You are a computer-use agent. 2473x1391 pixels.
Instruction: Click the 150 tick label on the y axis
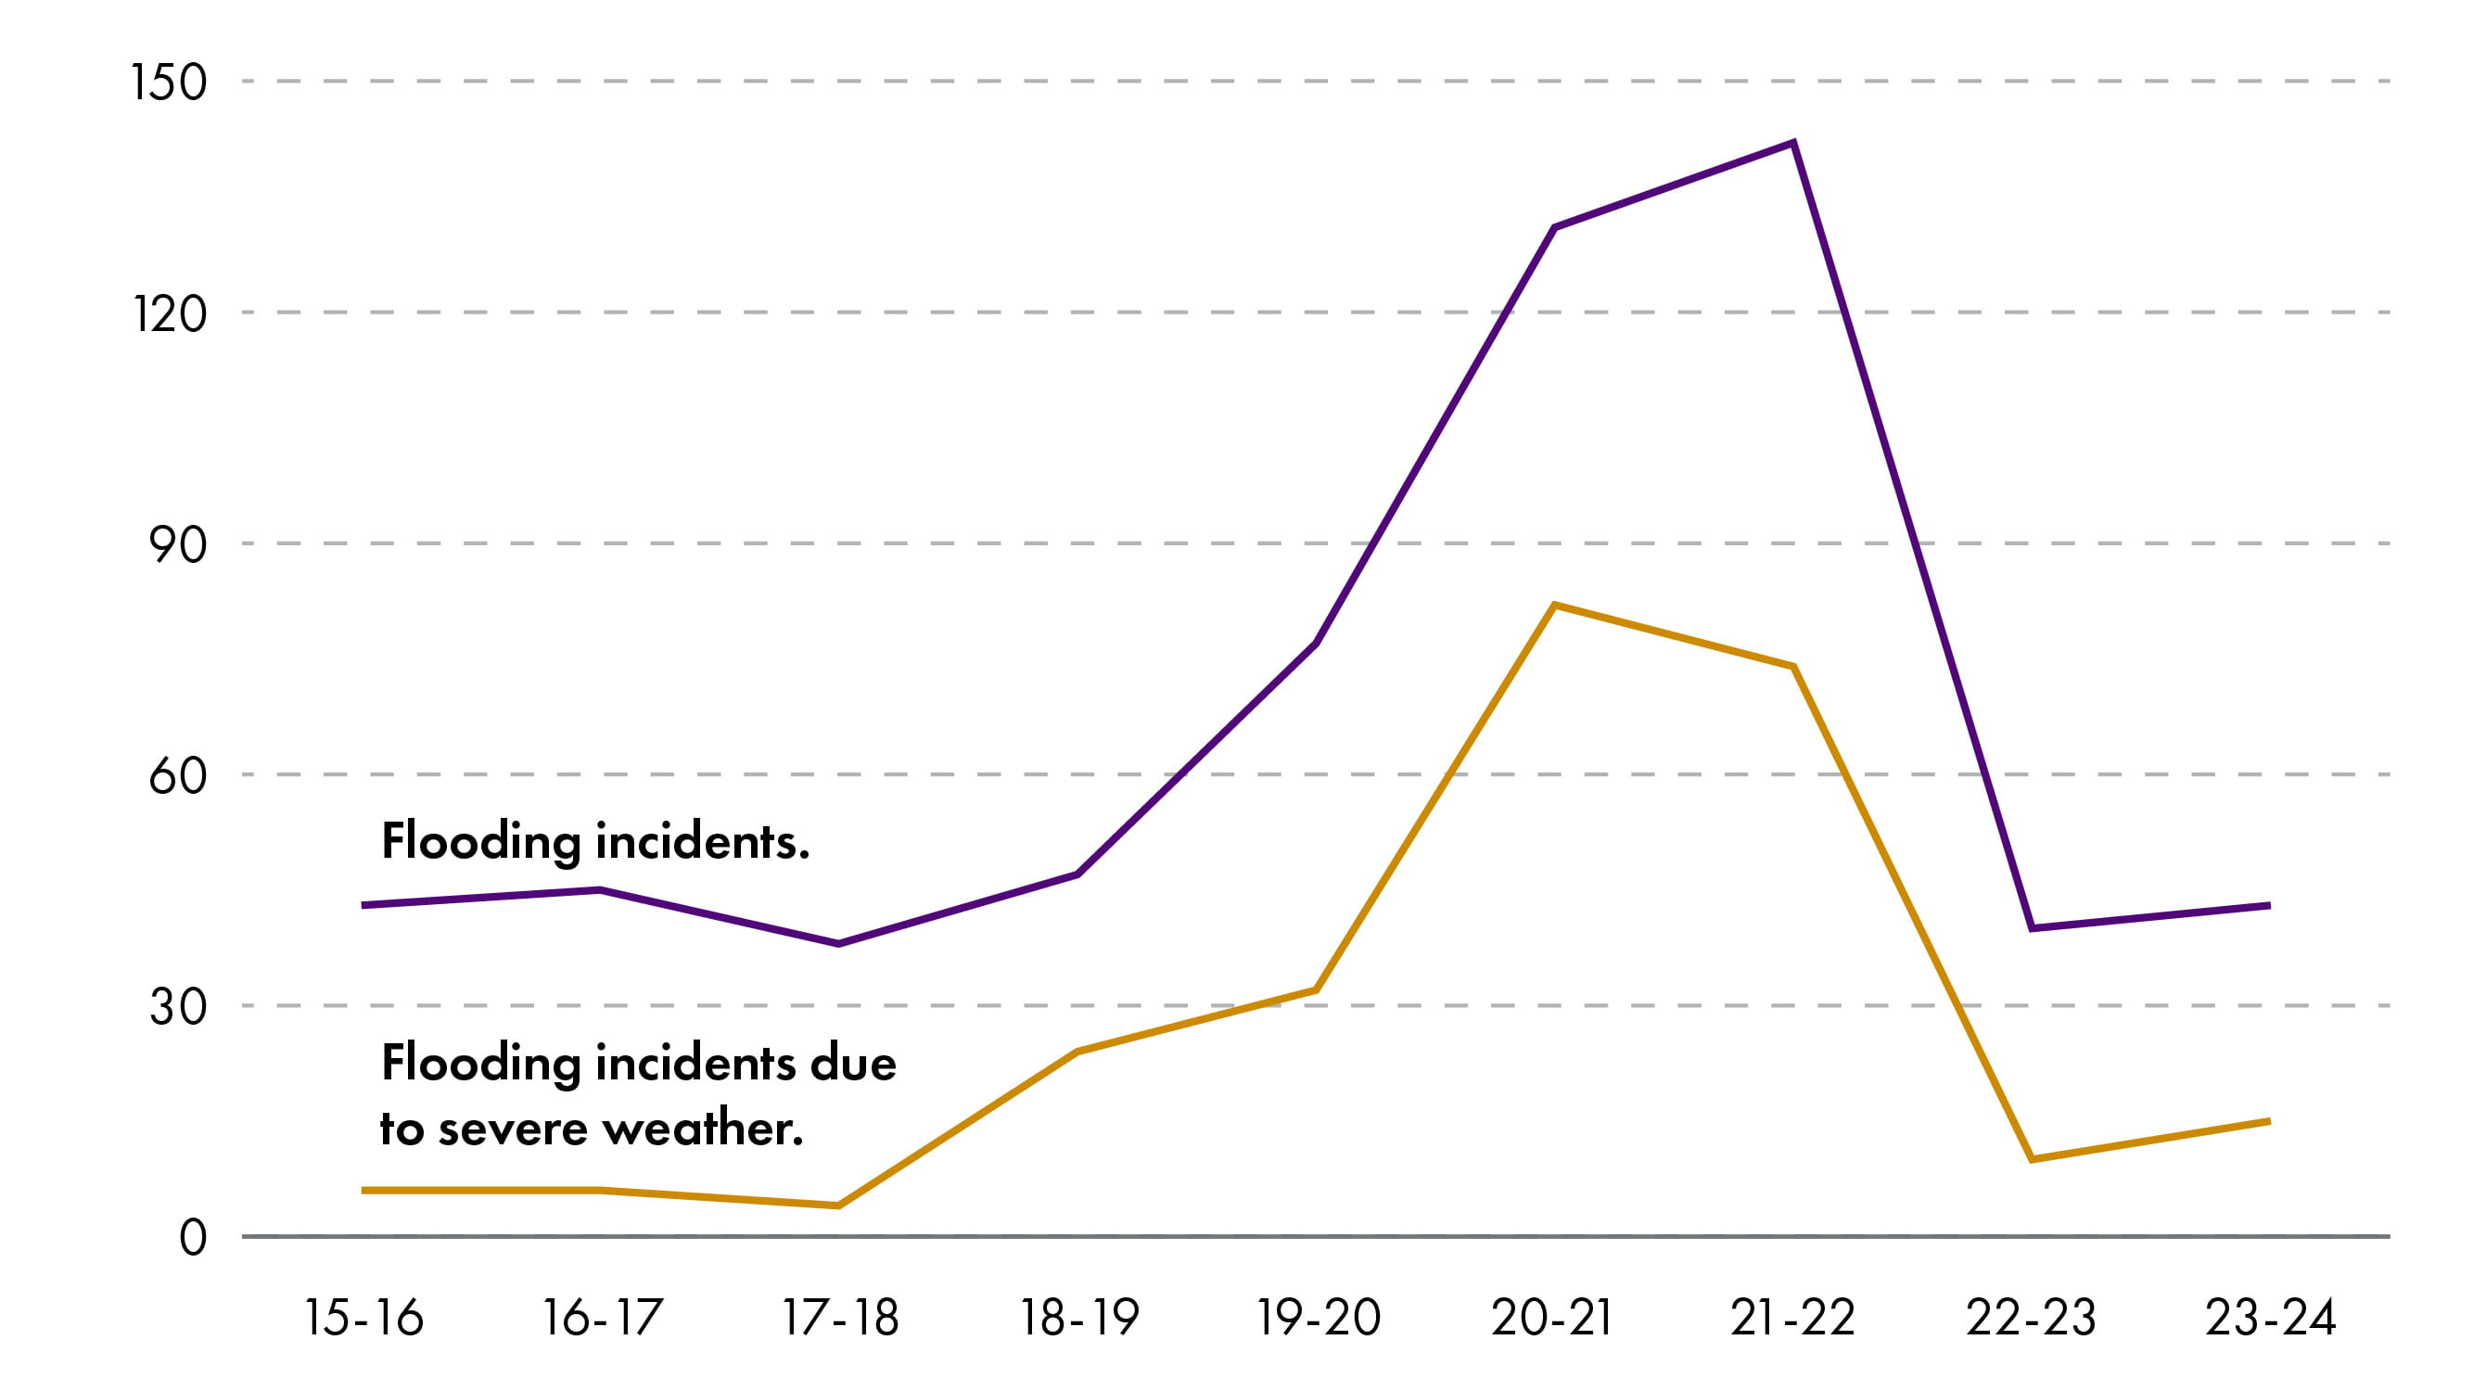169,82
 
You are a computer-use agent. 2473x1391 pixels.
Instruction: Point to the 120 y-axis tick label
169,314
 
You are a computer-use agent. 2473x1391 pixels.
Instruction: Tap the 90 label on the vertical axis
178,545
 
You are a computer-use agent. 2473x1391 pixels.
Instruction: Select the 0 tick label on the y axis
193,1238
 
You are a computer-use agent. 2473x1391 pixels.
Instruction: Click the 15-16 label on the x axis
363,1318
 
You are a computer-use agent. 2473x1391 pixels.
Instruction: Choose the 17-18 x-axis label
840,1318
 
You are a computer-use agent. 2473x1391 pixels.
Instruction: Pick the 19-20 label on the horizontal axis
1319,1318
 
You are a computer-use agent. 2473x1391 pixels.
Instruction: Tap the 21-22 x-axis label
1792,1318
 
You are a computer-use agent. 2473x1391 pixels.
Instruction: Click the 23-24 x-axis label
2270,1318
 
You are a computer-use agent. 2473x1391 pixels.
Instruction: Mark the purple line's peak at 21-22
1793,144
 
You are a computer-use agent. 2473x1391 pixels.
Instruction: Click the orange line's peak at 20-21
1554,606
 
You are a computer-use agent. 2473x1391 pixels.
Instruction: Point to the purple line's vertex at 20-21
1554,227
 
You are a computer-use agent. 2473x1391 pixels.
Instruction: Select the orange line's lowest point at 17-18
838,1206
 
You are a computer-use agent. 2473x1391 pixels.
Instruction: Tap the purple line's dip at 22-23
2032,928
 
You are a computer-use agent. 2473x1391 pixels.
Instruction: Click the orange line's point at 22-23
2032,1160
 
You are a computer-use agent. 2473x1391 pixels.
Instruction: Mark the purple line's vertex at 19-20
1316,644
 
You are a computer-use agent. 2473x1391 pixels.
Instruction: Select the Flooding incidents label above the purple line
595,842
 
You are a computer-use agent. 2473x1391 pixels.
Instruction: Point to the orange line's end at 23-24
2268,1121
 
